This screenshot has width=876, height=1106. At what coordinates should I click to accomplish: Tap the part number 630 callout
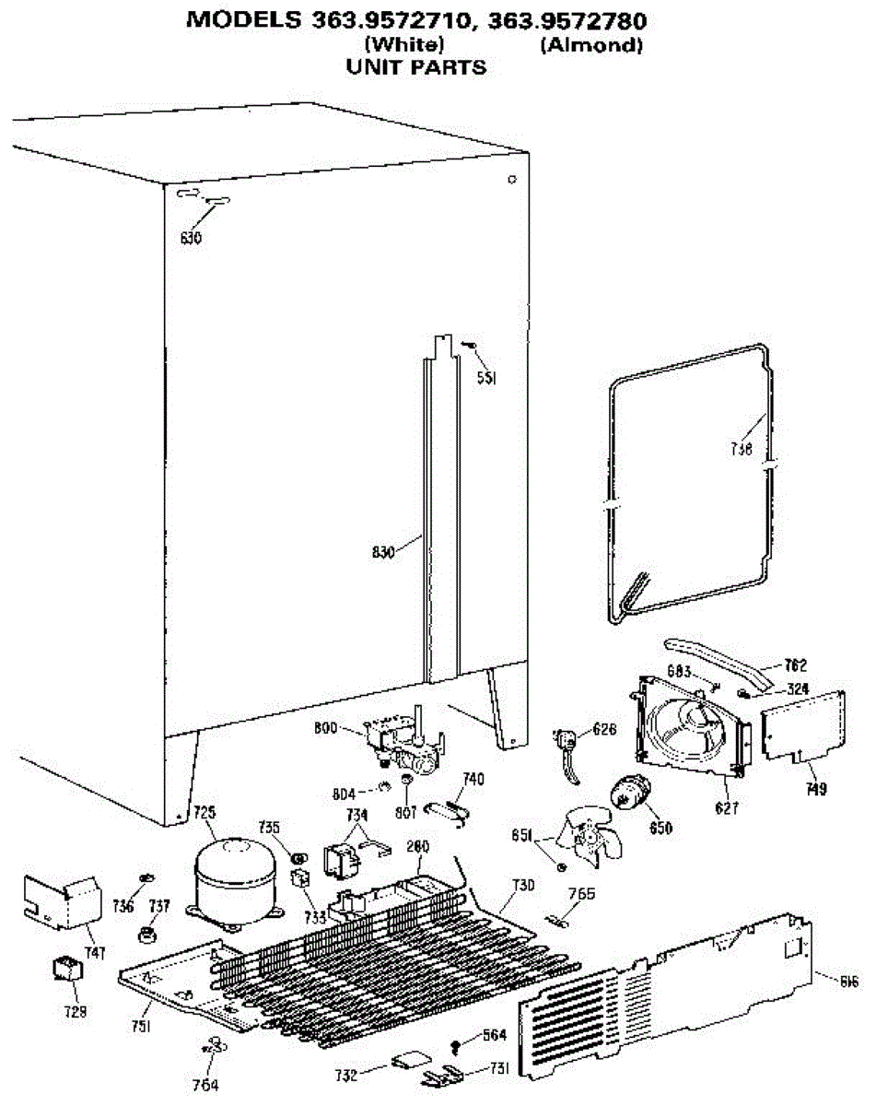[191, 239]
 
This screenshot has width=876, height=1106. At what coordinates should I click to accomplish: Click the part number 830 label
[384, 553]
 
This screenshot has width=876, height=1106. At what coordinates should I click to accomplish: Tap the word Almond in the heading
[590, 45]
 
